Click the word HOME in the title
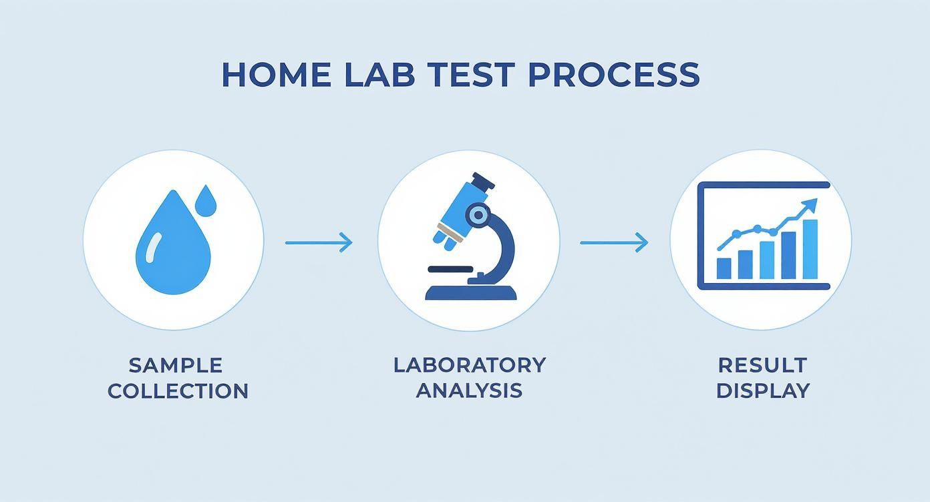pos(275,75)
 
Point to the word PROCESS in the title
pos(613,75)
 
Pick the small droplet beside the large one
pos(208,200)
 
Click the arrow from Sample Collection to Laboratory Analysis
pos(319,242)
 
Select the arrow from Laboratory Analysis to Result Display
pos(613,242)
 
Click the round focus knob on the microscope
pos(478,214)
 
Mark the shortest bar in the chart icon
pos(724,268)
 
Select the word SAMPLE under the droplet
pos(176,365)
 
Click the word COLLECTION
pos(178,391)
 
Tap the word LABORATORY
pos(469,364)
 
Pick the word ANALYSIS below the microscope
pos(469,390)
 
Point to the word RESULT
pos(762,365)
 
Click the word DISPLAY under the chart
pos(762,391)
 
